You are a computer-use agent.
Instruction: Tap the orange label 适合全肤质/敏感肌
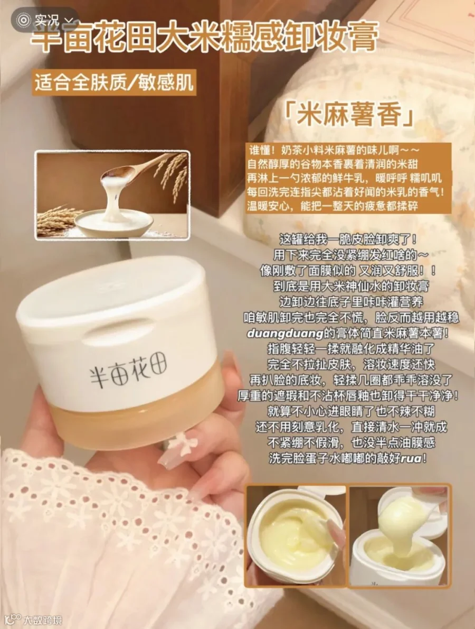tap(114, 82)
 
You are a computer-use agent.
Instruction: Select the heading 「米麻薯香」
tap(348, 115)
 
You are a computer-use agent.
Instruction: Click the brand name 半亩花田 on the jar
tap(128, 370)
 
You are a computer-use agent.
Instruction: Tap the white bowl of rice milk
tap(114, 222)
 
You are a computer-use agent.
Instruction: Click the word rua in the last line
tap(411, 458)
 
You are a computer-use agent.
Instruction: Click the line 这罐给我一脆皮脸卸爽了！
tap(348, 240)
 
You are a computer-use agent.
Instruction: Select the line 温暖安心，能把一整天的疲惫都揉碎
tap(332, 206)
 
